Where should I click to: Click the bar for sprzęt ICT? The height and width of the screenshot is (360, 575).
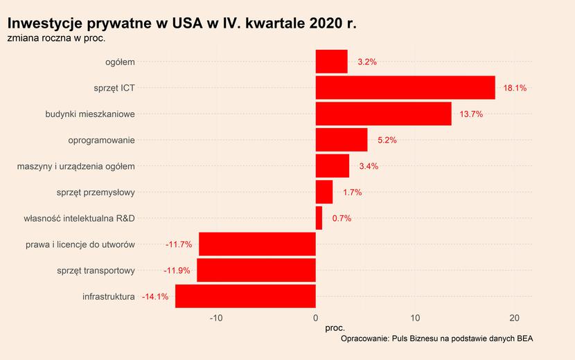coord(405,88)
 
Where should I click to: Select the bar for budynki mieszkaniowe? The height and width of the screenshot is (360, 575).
coord(383,114)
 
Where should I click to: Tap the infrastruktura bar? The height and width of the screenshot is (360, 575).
coord(245,296)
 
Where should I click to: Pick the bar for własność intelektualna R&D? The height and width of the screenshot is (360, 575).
coord(319,218)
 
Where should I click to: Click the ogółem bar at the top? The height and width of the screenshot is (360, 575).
coord(331,62)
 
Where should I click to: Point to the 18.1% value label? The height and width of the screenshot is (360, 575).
coord(515,88)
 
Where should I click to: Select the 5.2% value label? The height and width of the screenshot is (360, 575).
coord(387,140)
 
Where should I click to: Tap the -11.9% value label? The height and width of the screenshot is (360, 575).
coord(177,270)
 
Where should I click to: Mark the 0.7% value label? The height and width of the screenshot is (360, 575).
coord(342,218)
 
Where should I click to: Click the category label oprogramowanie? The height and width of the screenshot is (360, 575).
coord(101,140)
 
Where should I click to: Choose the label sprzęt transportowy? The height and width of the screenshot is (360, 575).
coord(96,270)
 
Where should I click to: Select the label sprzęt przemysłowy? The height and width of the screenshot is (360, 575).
coord(96,192)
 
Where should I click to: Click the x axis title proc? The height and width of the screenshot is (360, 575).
coord(335,327)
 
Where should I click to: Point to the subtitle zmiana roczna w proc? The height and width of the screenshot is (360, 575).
coord(56,38)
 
